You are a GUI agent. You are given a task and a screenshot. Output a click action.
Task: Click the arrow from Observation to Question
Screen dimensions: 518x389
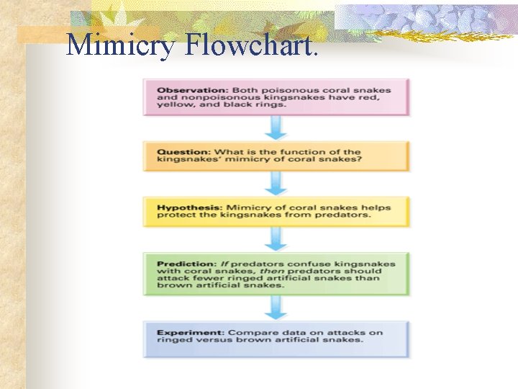click(x=276, y=128)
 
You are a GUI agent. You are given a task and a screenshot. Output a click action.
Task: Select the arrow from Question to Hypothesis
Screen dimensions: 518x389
click(x=276, y=184)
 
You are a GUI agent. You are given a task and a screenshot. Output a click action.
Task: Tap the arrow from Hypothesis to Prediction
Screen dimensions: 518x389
click(x=276, y=239)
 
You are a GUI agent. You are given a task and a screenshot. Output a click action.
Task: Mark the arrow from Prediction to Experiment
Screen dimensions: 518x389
click(x=276, y=308)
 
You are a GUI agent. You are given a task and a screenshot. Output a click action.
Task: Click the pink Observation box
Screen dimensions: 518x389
click(x=276, y=97)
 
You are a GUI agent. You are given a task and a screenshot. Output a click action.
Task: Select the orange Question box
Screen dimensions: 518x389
click(x=276, y=156)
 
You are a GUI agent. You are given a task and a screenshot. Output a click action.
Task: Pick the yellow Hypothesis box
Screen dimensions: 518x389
click(x=276, y=212)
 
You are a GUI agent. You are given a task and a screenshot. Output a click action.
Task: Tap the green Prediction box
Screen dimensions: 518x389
click(x=276, y=274)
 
